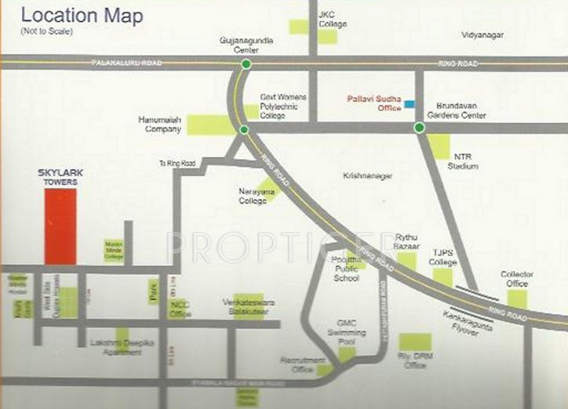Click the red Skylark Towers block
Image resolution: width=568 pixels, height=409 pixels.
[x=60, y=226]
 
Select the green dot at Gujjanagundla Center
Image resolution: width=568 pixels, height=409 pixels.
[x=246, y=64]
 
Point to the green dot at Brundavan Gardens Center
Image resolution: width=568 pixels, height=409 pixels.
[x=419, y=128]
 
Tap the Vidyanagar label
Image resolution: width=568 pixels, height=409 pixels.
[x=482, y=35]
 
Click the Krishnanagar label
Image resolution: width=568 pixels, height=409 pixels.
[x=367, y=176]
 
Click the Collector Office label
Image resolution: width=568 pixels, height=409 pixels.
[x=517, y=278]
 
